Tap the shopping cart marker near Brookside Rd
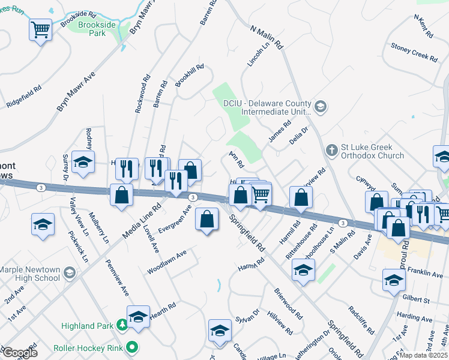pyautogui.click(x=41, y=29)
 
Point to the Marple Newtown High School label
pyautogui.click(x=30, y=274)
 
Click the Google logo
pyautogui.click(x=19, y=353)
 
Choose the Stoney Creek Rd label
pyautogui.click(x=414, y=55)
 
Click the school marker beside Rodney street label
pyautogui.click(x=83, y=161)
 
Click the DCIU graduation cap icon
pyautogui.click(x=320, y=107)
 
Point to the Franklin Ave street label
pyautogui.click(x=429, y=273)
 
